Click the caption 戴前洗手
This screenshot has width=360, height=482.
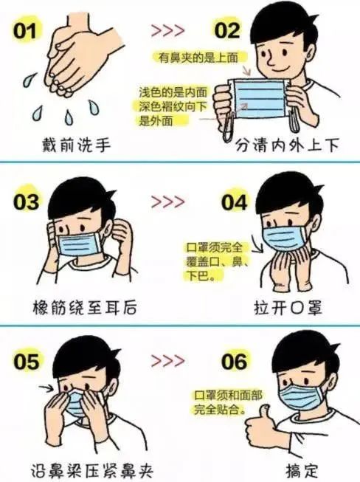coord(77,145)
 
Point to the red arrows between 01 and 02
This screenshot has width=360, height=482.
coord(167,32)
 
